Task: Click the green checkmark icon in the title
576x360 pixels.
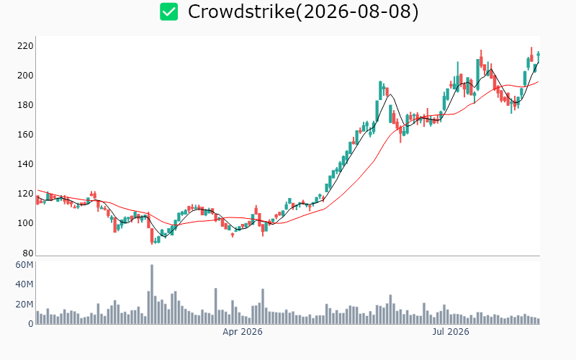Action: tap(169, 12)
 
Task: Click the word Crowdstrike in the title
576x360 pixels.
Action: tap(241, 12)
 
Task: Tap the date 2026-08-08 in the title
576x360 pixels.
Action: tap(357, 12)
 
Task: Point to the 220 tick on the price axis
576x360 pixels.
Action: tap(25, 46)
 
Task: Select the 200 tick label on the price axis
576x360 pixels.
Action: tap(25, 76)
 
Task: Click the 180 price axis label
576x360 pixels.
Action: tap(25, 105)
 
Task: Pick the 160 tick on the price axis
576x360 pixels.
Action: tap(25, 135)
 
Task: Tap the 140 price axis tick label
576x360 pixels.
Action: tap(25, 164)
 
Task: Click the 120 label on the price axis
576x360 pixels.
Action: tap(25, 194)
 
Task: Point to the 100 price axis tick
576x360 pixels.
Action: tap(25, 223)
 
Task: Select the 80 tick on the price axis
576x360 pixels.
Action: tap(27, 253)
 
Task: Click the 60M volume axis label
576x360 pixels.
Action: tap(24, 265)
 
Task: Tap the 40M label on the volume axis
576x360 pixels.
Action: tap(24, 284)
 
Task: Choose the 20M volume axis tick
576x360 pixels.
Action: tap(24, 304)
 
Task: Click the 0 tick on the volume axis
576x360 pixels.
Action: tap(30, 324)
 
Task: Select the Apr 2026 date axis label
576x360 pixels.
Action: tap(243, 332)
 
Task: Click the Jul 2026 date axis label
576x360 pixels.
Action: tap(451, 332)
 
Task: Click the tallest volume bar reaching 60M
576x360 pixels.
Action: tap(152, 294)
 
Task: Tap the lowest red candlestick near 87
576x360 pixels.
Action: tap(152, 236)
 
